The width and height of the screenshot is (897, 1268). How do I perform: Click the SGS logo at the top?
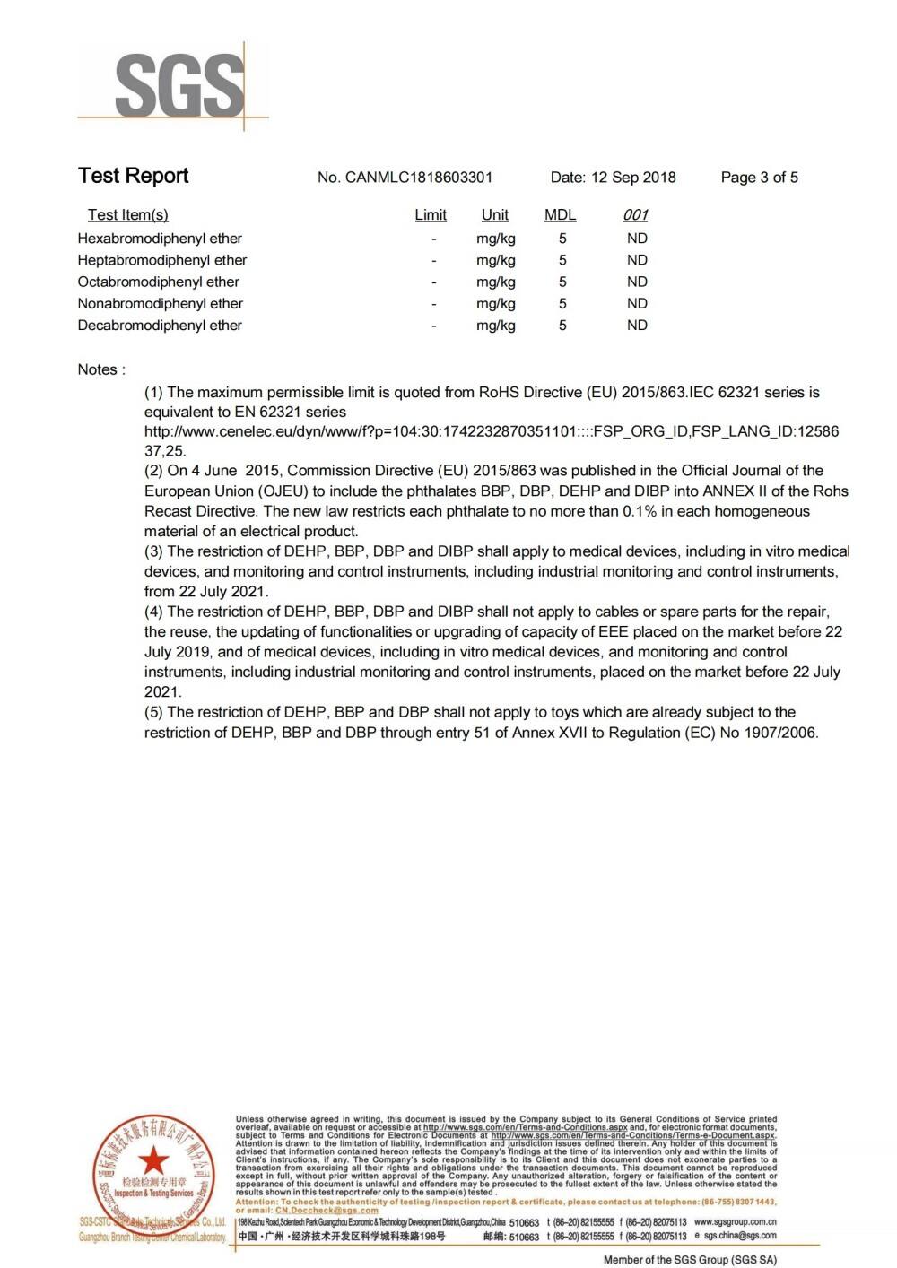point(179,86)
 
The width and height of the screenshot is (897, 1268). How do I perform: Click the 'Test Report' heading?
point(133,176)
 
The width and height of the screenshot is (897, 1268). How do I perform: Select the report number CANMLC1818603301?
point(418,178)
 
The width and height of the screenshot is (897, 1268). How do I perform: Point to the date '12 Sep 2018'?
point(633,178)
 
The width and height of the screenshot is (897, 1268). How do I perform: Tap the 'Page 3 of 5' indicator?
point(759,178)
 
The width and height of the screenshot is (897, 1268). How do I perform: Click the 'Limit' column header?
point(431,215)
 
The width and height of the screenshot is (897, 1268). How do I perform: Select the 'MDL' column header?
point(561,215)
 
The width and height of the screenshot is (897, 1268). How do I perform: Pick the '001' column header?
point(636,215)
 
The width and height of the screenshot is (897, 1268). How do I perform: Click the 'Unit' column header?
point(495,215)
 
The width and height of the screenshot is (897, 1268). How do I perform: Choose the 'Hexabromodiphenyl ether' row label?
point(160,239)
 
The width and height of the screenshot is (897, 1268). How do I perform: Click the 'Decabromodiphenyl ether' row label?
point(160,326)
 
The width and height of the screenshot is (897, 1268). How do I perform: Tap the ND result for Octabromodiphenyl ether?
point(637,282)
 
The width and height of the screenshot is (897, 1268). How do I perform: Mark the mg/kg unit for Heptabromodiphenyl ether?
point(496,260)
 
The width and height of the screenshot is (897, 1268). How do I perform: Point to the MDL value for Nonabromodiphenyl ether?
point(562,304)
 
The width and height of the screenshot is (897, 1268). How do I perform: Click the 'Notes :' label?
point(101,369)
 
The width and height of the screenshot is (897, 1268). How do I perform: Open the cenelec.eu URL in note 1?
point(492,431)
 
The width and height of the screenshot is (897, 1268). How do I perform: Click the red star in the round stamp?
point(153,1160)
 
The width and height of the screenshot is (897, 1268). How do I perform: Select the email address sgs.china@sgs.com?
point(741,1236)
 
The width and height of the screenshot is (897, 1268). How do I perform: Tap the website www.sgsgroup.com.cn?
point(736,1221)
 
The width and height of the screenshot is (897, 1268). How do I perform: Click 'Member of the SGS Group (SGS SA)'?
point(690,1260)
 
